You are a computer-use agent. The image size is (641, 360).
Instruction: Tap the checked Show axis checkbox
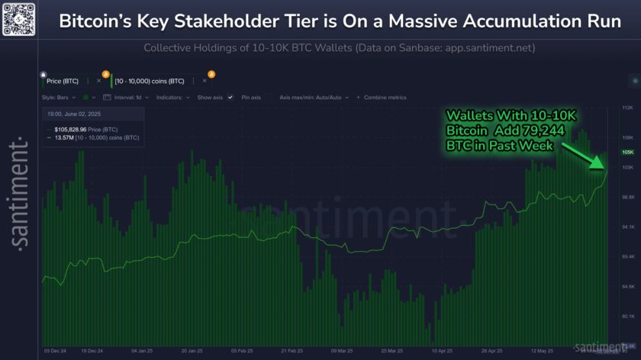[230, 98]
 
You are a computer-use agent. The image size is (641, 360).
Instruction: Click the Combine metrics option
[385, 98]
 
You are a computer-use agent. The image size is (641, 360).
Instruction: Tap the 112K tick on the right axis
[629, 107]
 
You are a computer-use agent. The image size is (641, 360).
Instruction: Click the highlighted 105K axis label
[629, 153]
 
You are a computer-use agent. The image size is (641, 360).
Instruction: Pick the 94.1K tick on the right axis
[629, 227]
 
